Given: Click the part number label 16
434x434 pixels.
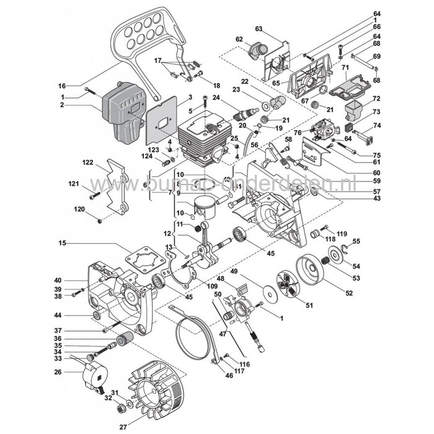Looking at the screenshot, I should [79, 86].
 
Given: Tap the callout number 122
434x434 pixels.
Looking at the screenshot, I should [87, 163].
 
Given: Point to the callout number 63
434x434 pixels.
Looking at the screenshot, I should [259, 29].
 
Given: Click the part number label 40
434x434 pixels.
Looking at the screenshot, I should [74, 280].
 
